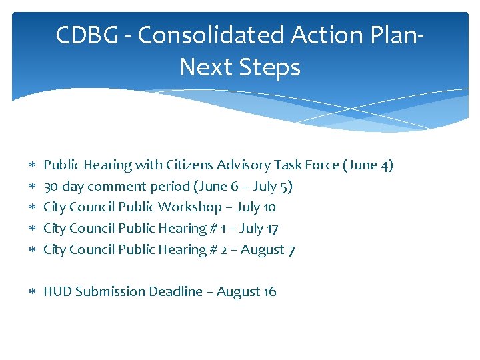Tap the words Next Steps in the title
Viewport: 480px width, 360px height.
pos(240,67)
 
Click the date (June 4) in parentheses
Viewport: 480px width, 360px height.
pos(367,165)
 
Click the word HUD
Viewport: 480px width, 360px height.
pos(57,291)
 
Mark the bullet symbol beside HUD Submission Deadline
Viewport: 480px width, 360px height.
pos(32,292)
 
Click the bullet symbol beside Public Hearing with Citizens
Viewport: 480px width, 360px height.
pos(32,165)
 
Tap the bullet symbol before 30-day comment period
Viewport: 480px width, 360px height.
pos(32,187)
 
